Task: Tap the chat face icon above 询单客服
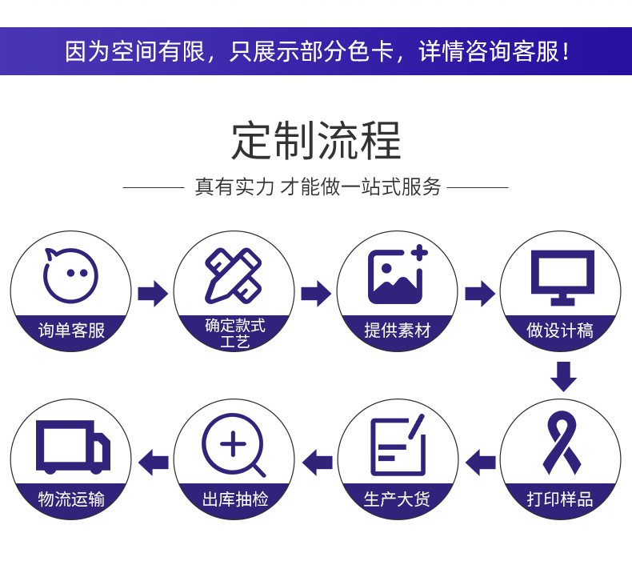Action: point(70,275)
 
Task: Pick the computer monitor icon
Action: point(562,276)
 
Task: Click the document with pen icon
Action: point(398,446)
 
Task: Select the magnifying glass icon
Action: point(233,446)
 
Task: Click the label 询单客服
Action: point(71,330)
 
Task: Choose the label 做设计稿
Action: point(560,330)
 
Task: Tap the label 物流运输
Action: point(71,499)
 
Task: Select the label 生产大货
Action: point(397,499)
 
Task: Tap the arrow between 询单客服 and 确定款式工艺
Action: point(152,294)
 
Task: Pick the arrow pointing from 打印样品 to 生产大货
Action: point(480,462)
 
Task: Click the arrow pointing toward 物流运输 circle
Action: point(154,462)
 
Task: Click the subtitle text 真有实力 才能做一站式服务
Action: point(318,187)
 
